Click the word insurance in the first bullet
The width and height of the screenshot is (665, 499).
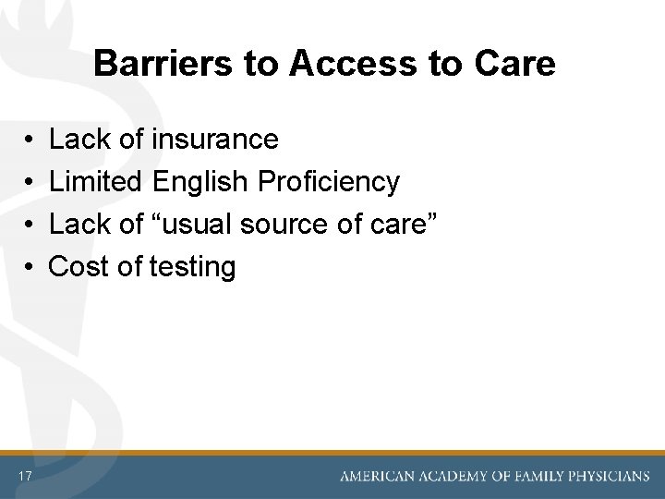[214, 140]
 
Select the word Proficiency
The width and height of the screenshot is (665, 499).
[329, 182]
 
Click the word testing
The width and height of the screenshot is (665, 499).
[193, 267]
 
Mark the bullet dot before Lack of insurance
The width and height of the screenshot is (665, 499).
[30, 140]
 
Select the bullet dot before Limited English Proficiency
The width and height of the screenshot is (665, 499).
[30, 183]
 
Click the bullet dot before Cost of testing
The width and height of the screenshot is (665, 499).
[30, 268]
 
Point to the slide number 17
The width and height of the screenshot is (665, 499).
[25, 476]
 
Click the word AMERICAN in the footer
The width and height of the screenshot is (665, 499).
[375, 477]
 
